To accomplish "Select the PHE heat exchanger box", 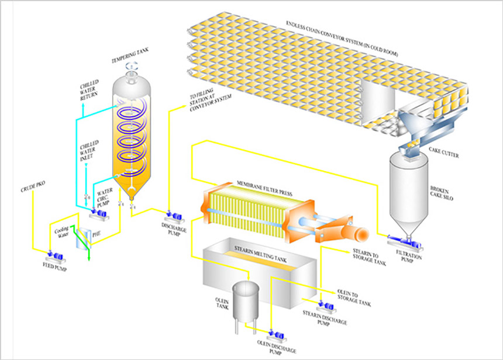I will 85,234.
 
